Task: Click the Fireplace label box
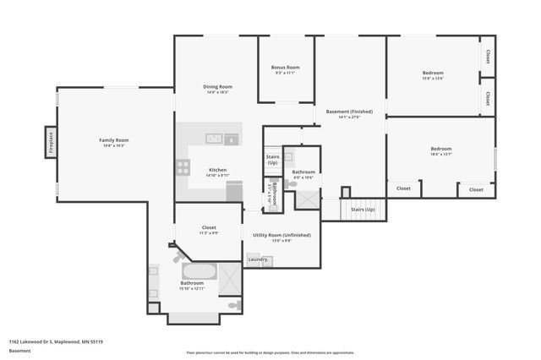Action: pos(51,141)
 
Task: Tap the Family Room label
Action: pos(113,139)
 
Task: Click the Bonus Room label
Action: pos(285,67)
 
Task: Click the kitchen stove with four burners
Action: pos(183,167)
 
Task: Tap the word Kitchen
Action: pos(217,170)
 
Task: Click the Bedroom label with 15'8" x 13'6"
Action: pos(433,73)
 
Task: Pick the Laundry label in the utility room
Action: pos(256,259)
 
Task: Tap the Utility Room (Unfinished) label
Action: pos(281,234)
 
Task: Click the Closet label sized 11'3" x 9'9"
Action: pos(208,227)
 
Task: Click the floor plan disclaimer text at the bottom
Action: pos(270,352)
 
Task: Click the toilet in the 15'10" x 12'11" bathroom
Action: pos(234,304)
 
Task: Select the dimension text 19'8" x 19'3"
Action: pos(113,146)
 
